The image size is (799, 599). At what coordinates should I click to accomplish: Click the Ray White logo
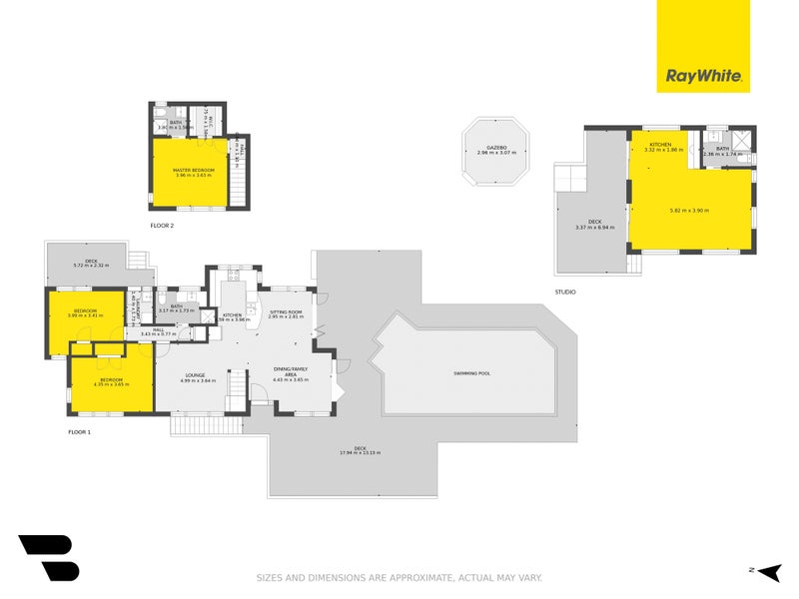pyautogui.click(x=702, y=76)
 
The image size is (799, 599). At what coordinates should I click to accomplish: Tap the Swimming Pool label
pyautogui.click(x=471, y=373)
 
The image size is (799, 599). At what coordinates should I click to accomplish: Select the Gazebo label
pyautogui.click(x=495, y=148)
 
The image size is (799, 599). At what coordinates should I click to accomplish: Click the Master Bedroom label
pyautogui.click(x=195, y=170)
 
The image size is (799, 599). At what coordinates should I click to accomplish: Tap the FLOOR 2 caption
pyautogui.click(x=162, y=226)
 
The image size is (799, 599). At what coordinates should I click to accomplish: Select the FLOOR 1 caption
pyautogui.click(x=79, y=432)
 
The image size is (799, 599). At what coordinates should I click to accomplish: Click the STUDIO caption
pyautogui.click(x=565, y=293)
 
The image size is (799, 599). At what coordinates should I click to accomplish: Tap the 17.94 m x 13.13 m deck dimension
pyautogui.click(x=360, y=452)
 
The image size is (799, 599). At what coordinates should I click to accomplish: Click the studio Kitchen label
pyautogui.click(x=660, y=145)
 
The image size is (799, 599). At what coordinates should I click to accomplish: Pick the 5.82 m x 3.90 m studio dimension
pyautogui.click(x=689, y=210)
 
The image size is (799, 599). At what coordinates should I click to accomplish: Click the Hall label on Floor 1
pyautogui.click(x=158, y=328)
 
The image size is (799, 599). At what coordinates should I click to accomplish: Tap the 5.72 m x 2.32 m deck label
pyautogui.click(x=91, y=265)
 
